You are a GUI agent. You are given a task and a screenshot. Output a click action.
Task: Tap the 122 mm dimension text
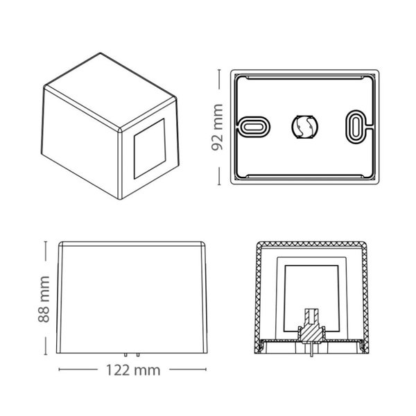[134, 370]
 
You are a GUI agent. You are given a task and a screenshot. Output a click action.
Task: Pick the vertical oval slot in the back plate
[354, 126]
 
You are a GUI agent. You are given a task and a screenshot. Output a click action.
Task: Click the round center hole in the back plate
[304, 126]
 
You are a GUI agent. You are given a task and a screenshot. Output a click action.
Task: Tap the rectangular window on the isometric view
[148, 152]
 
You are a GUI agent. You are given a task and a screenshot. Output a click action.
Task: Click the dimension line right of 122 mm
[187, 370]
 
